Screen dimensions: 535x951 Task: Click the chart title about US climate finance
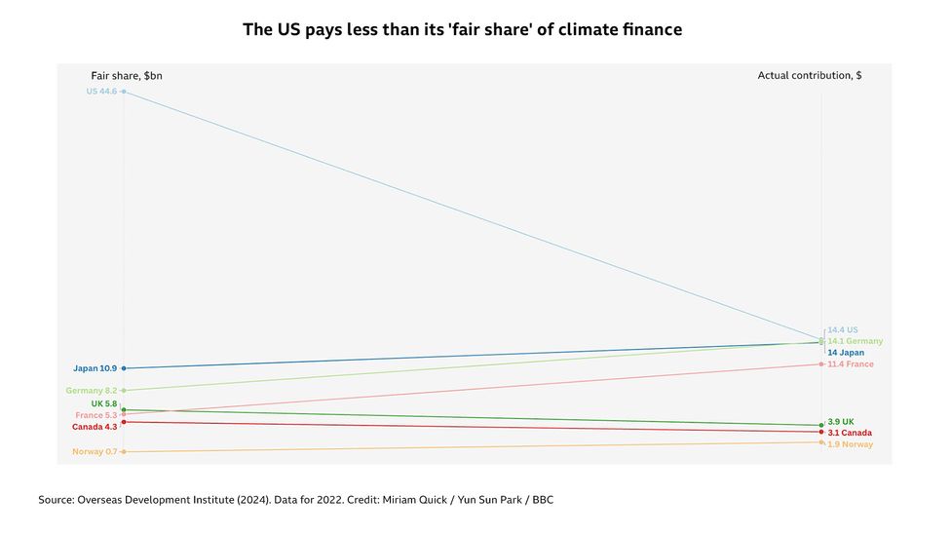pos(462,30)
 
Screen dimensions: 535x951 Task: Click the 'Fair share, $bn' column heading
pos(127,75)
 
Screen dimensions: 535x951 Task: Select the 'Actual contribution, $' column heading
pos(809,75)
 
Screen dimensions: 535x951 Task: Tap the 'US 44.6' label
pos(101,92)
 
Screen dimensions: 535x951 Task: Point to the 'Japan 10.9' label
pos(95,368)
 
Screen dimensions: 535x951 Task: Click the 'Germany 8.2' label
pos(92,391)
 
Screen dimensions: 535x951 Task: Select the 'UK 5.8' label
pos(103,403)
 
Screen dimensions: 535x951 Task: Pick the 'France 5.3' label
pos(96,415)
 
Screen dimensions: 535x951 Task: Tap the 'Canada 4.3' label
pos(95,427)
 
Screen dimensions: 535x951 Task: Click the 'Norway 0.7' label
pos(95,452)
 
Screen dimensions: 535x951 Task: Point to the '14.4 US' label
pos(843,330)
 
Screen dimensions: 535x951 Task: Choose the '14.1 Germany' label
pos(855,341)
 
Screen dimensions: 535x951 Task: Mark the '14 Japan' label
pos(846,353)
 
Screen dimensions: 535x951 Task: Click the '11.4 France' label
pos(850,364)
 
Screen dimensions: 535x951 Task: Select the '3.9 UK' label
pos(841,422)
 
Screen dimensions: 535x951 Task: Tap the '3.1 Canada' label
pos(849,433)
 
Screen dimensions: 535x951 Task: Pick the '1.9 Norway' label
pos(850,444)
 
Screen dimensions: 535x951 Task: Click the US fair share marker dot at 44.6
pos(124,92)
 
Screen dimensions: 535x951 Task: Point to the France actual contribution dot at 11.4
pos(821,364)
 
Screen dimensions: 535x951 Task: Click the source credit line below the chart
pos(296,500)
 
